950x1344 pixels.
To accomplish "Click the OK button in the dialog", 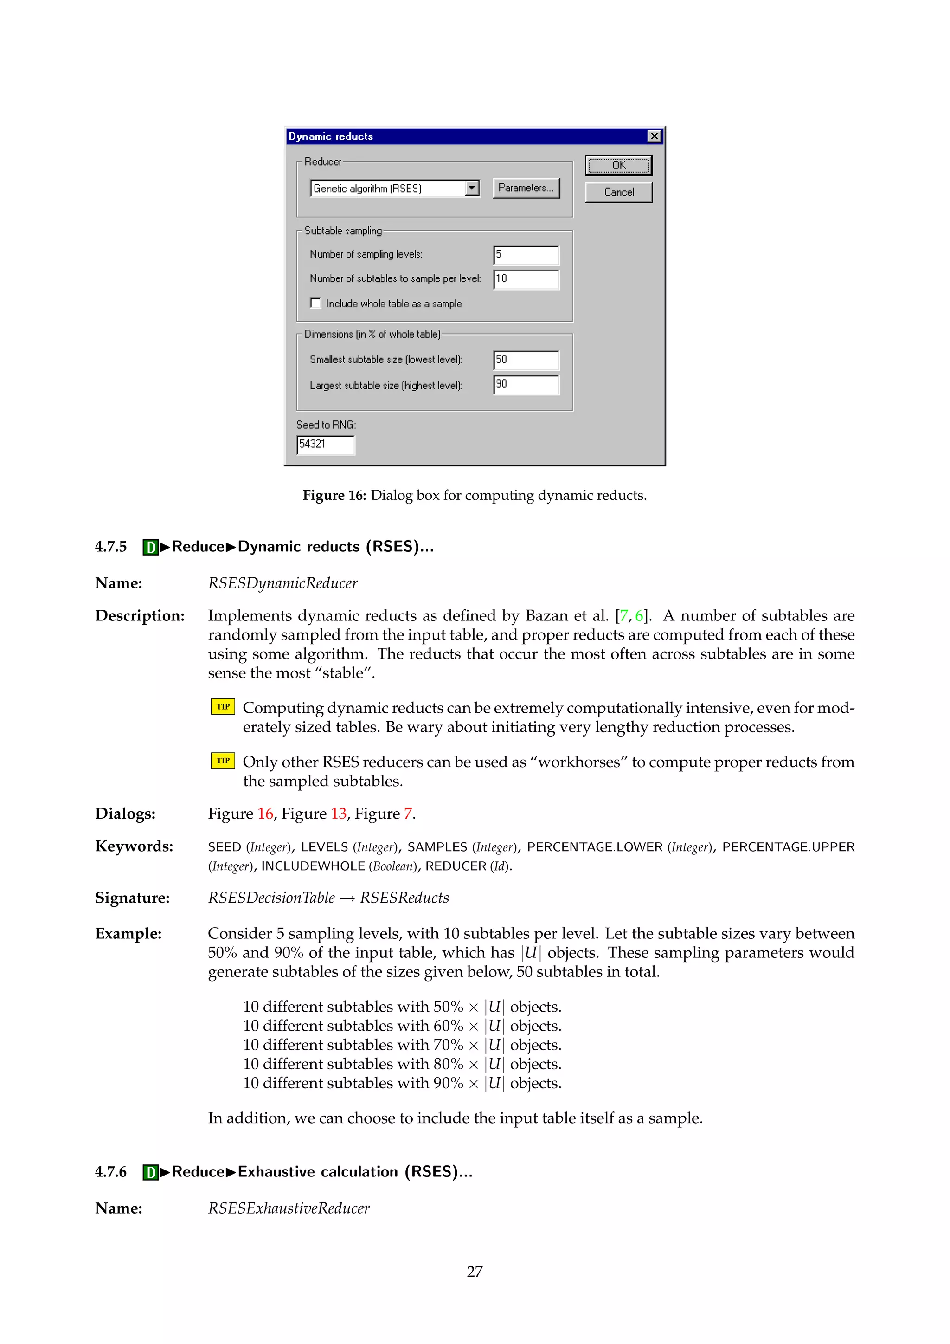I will (618, 166).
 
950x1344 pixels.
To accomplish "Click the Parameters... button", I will (526, 188).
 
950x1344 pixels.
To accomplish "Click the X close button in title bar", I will (654, 136).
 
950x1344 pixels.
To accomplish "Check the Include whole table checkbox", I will (316, 303).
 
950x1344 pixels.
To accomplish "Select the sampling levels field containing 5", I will (526, 255).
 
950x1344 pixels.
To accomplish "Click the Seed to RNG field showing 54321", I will (325, 444).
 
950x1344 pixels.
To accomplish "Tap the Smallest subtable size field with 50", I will (526, 360).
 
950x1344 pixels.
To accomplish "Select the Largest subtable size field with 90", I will (526, 385).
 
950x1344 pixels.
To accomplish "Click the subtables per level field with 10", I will (526, 279).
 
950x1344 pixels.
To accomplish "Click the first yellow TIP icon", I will (223, 706).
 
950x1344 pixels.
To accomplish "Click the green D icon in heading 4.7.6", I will (151, 1172).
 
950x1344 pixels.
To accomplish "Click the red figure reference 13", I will (338, 814).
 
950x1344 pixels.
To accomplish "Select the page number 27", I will (475, 1272).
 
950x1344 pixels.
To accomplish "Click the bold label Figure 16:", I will (334, 495).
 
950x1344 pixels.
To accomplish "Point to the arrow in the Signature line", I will (347, 898).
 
